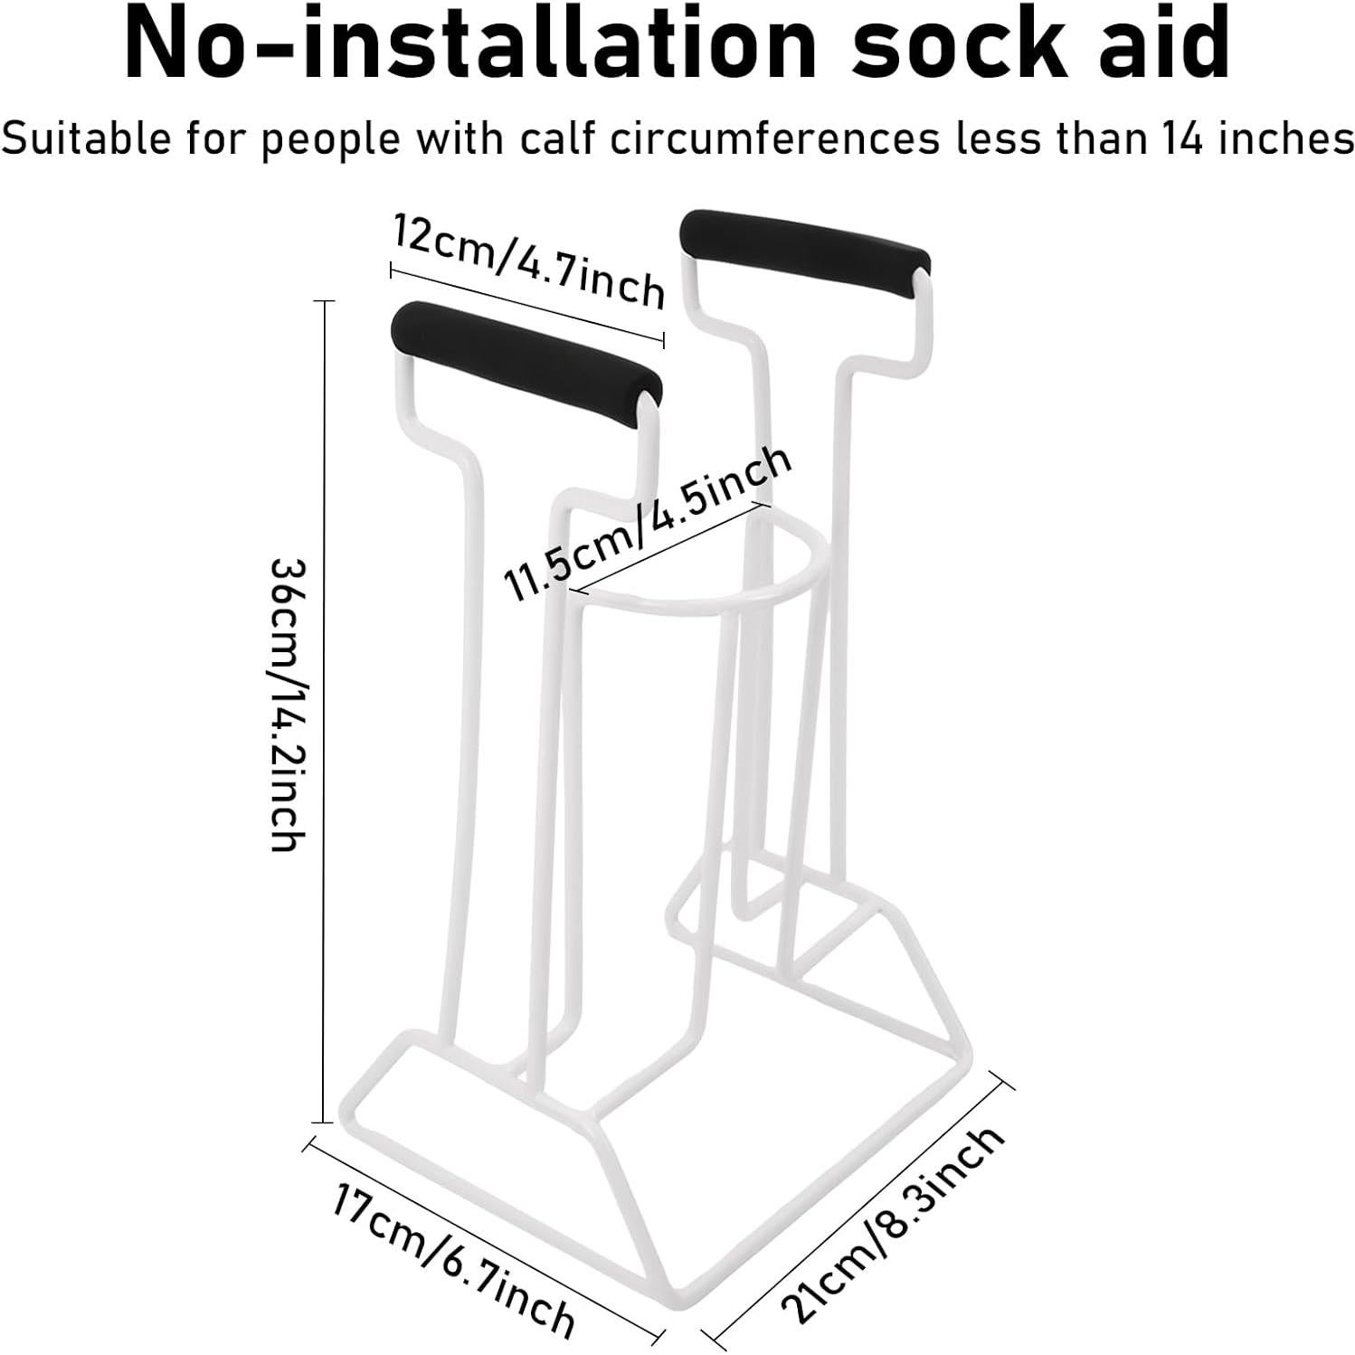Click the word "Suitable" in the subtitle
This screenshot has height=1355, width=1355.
coord(85,138)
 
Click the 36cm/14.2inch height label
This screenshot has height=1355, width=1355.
coord(290,706)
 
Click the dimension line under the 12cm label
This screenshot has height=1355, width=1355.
coord(527,304)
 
